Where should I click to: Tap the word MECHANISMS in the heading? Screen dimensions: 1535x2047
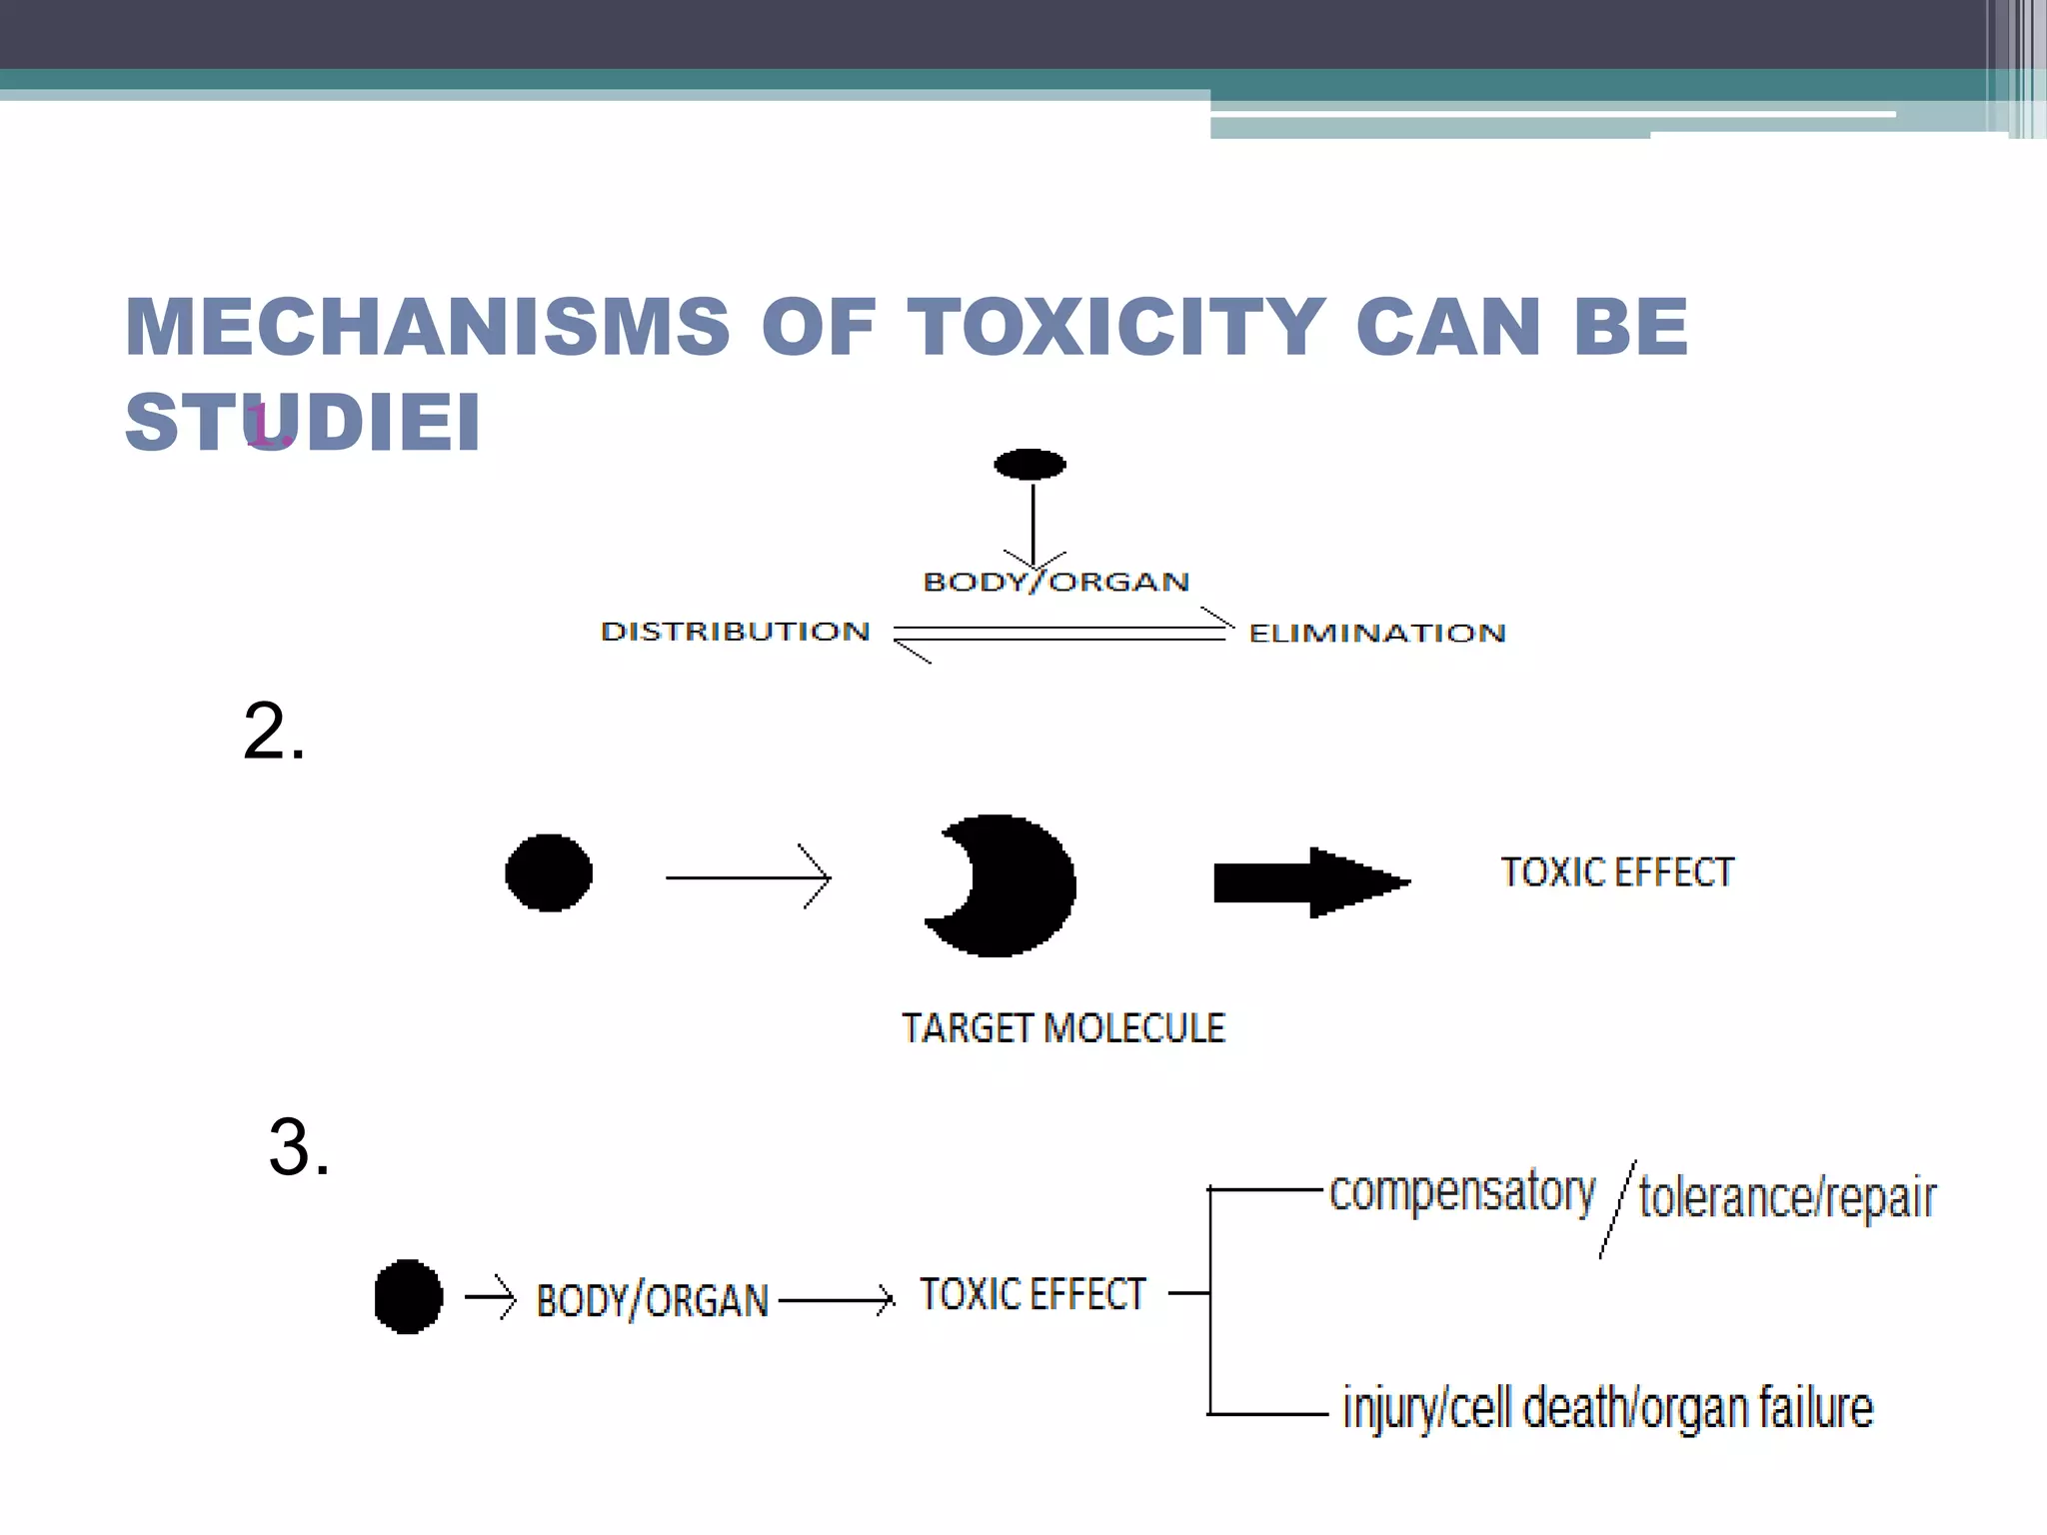click(428, 328)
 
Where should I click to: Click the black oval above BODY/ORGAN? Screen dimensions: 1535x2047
click(1029, 465)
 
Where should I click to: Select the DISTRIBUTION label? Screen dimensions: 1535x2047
click(736, 632)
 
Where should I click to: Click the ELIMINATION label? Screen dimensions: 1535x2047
click(1377, 634)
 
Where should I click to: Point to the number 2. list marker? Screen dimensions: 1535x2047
click(273, 732)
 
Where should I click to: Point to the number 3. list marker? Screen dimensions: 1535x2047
click(298, 1147)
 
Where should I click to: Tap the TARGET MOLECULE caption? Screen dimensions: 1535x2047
click(1062, 1028)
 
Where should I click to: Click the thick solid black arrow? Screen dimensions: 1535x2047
click(1309, 882)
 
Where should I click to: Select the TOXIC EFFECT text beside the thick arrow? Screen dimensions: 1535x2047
click(1617, 872)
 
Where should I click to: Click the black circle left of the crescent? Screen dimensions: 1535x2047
click(549, 872)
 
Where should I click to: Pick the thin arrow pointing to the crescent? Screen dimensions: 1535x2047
click(748, 877)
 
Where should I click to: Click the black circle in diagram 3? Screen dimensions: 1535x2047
click(408, 1296)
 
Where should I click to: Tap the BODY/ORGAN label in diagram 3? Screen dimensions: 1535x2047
click(652, 1300)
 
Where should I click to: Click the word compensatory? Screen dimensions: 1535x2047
click(1461, 1192)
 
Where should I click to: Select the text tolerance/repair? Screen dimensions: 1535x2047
click(1787, 1197)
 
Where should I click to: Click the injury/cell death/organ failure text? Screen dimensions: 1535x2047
click(1607, 1408)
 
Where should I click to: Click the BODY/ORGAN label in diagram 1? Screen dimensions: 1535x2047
click(1055, 582)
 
